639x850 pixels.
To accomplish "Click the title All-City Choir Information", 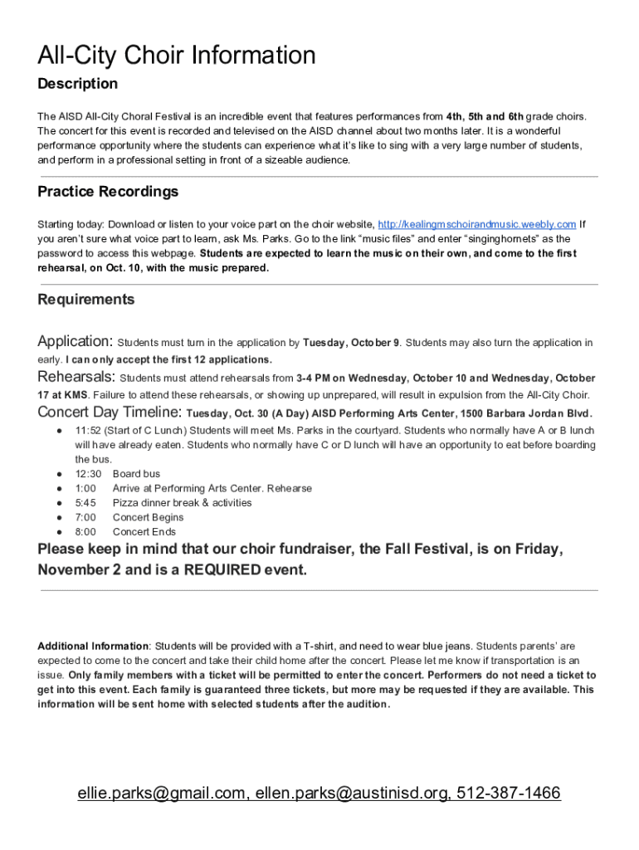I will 177,56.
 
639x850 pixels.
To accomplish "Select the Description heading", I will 78,84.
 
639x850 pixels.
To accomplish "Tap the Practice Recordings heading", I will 108,192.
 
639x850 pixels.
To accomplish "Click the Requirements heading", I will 86,300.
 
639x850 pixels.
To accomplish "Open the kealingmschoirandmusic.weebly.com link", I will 476,225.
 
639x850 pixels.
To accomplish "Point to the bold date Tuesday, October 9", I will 351,343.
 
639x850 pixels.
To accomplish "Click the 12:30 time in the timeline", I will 88,474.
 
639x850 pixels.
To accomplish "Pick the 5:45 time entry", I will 85,503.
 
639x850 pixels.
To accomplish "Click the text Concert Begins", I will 149,517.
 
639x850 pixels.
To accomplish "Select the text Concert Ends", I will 144,532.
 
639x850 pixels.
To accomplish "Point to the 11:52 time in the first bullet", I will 88,431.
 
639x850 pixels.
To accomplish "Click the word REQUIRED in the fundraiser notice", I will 222,570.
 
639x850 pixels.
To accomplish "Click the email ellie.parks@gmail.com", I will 162,794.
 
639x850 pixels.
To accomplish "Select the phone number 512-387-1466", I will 506,794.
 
